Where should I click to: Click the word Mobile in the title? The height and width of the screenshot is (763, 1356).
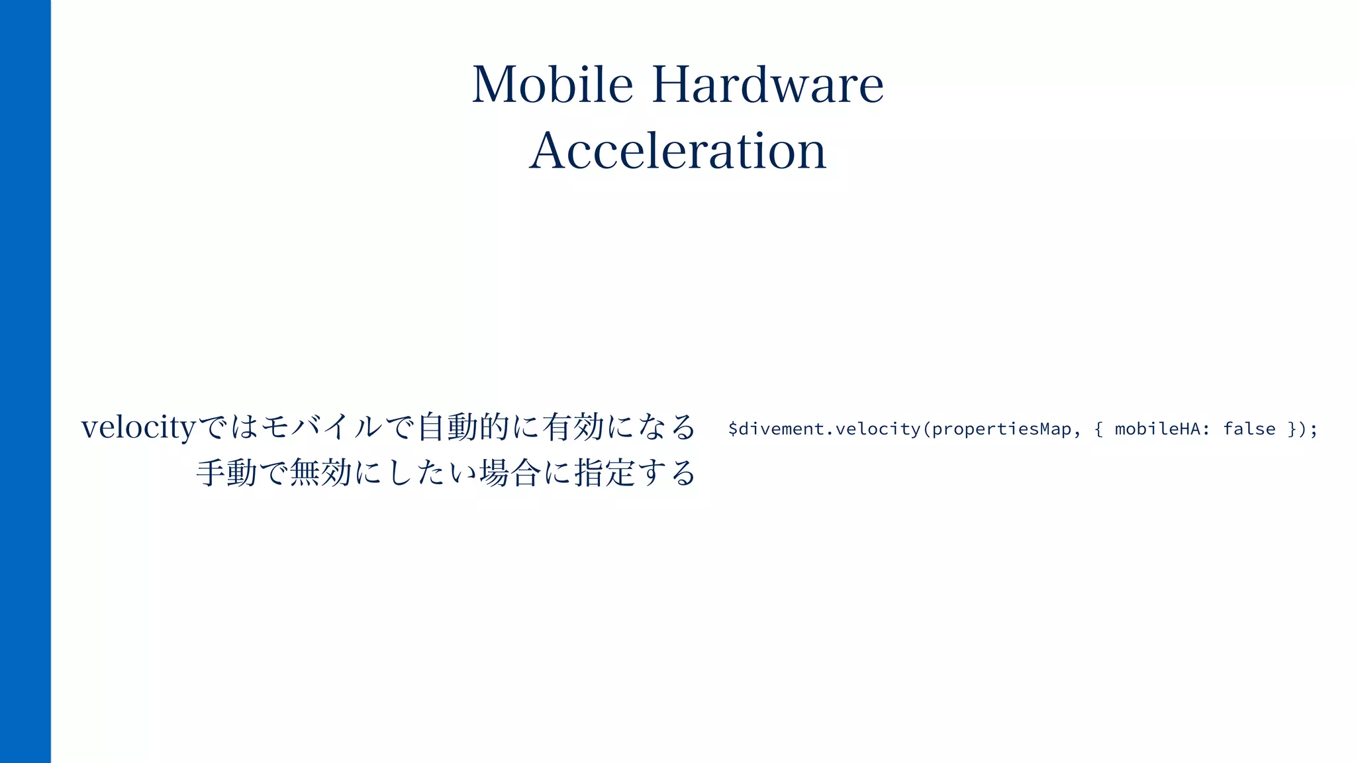click(552, 85)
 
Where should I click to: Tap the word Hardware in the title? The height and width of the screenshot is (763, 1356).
click(768, 85)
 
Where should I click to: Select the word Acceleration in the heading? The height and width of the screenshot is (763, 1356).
click(678, 151)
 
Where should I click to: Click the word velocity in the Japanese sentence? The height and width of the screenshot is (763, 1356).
click(138, 427)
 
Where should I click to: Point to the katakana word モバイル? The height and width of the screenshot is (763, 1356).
click(322, 427)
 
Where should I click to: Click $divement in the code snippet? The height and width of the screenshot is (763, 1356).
click(776, 429)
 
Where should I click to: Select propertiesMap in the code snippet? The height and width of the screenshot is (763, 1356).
click(1002, 429)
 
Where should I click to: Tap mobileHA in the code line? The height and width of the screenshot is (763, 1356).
click(1157, 429)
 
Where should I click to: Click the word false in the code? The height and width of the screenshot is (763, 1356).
click(1249, 429)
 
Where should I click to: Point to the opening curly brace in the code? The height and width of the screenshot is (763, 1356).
click(1099, 429)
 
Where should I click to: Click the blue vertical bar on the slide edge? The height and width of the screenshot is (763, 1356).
click(25, 381)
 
